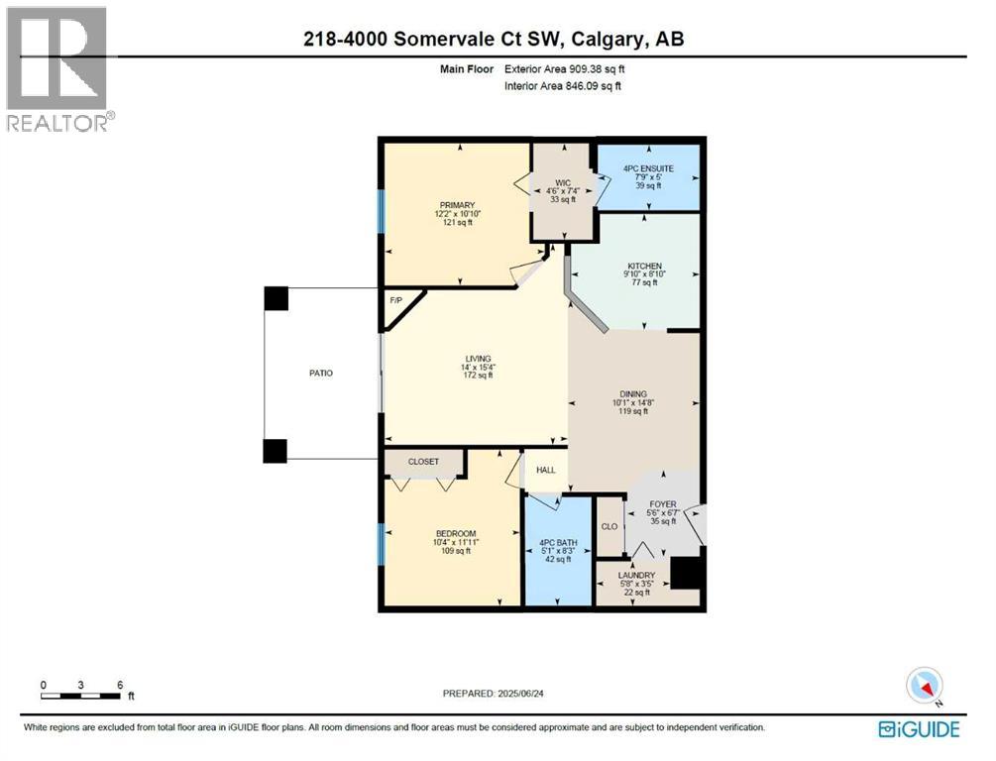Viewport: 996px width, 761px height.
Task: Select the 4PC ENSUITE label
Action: point(648,168)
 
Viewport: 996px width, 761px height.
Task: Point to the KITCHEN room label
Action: point(642,267)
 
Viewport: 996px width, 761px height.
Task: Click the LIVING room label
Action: point(479,359)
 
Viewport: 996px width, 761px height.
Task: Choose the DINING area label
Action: point(630,394)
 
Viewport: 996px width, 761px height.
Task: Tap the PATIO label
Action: point(319,374)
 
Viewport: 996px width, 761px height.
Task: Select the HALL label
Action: point(546,470)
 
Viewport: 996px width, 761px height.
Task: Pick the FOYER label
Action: point(662,504)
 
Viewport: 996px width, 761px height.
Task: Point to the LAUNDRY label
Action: point(636,575)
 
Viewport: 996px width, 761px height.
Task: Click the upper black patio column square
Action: point(276,298)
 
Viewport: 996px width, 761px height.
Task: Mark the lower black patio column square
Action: point(276,451)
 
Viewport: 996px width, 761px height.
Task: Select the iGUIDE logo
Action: point(919,729)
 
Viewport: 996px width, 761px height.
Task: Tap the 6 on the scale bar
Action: point(119,685)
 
